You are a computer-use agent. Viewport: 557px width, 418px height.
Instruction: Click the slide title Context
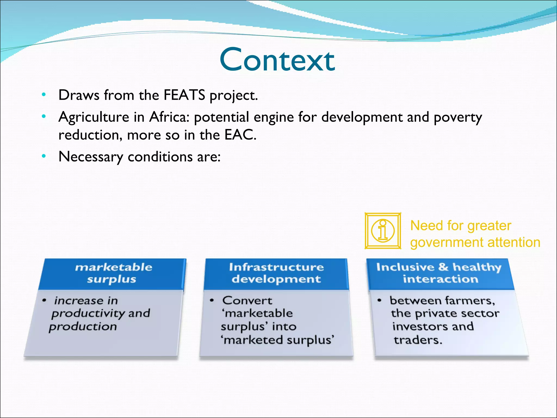pos(277,60)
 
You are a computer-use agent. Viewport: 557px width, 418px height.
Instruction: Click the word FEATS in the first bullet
pos(184,95)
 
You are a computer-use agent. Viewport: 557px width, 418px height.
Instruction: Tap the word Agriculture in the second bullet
pos(94,117)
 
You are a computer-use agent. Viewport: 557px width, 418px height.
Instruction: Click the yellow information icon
pos(383,231)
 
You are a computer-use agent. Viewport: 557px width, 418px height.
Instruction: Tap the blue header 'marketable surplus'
pos(113,273)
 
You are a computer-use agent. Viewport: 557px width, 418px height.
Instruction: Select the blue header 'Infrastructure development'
pos(276,273)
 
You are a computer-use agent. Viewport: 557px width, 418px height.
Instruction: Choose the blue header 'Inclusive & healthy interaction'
pos(440,273)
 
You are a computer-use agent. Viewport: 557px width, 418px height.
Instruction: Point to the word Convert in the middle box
pos(247,300)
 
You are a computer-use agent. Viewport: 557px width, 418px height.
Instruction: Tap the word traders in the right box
pos(417,340)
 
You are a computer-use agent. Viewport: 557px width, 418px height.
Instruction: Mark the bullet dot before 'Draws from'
pos(44,95)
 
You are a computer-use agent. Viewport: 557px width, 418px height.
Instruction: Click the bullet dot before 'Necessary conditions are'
pos(44,156)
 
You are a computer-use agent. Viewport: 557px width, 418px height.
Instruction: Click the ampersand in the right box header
pos(443,267)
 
